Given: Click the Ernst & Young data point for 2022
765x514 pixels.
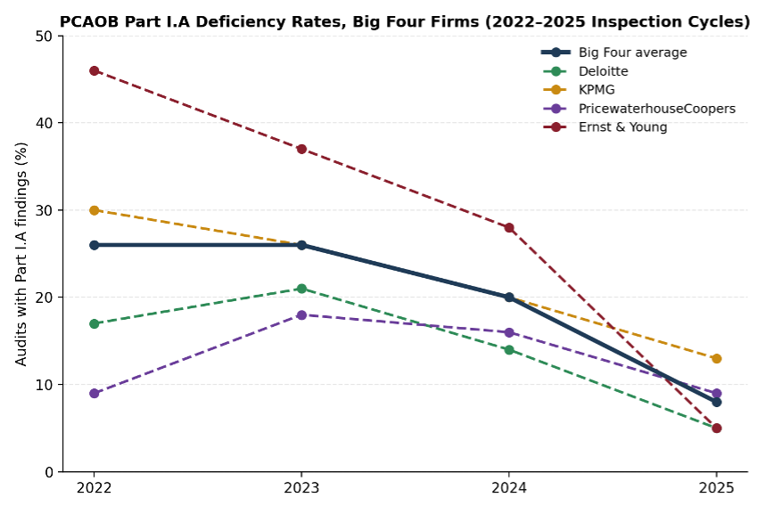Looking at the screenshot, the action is pos(95,70).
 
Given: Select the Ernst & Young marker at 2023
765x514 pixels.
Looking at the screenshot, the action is pos(301,149).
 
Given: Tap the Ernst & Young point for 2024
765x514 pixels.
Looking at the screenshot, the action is pos(509,228).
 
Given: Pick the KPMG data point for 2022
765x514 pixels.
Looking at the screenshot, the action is pos(95,210).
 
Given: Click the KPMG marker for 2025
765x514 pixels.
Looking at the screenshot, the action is pos(716,358).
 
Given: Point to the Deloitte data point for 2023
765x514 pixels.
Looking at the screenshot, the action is pos(301,289).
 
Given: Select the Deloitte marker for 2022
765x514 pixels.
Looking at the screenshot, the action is pos(95,323).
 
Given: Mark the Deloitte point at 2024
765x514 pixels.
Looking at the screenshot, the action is pos(509,350).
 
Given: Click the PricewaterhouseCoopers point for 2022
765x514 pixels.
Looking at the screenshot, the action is pos(95,393).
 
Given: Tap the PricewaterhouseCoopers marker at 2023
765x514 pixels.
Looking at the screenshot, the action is pos(301,315).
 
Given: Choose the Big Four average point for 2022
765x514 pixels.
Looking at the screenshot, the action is pos(95,245).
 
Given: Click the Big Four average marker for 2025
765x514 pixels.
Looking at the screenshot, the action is pos(716,402).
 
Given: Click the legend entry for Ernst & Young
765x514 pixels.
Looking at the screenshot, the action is pos(605,126).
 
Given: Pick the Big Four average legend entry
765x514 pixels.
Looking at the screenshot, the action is pos(614,53).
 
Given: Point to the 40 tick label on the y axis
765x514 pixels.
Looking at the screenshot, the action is pos(44,123).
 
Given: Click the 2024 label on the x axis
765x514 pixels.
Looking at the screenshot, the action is pos(509,487).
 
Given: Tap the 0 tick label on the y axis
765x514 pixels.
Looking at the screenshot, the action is pos(49,472).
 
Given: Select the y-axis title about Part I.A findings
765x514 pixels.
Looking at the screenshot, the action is pos(21,254).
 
